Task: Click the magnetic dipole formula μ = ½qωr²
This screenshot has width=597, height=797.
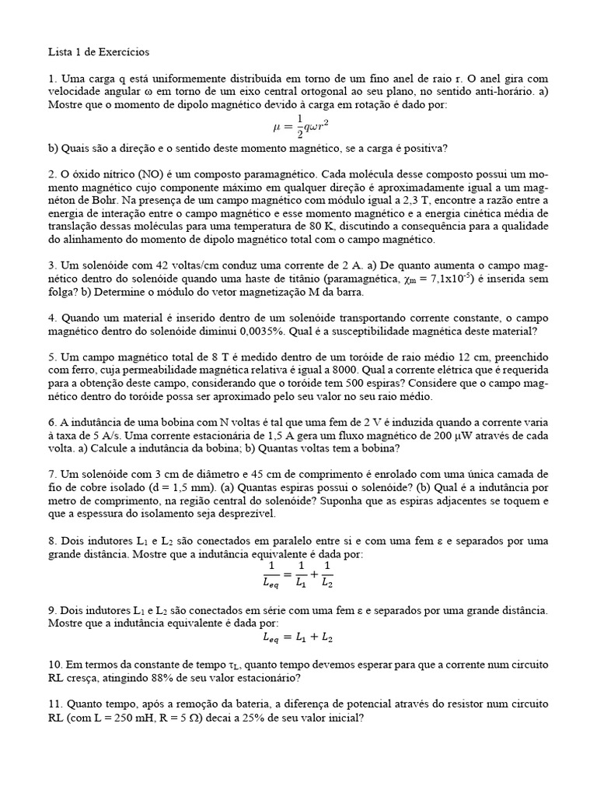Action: pos(298,127)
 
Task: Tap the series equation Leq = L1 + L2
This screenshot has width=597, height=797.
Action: pos(298,638)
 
